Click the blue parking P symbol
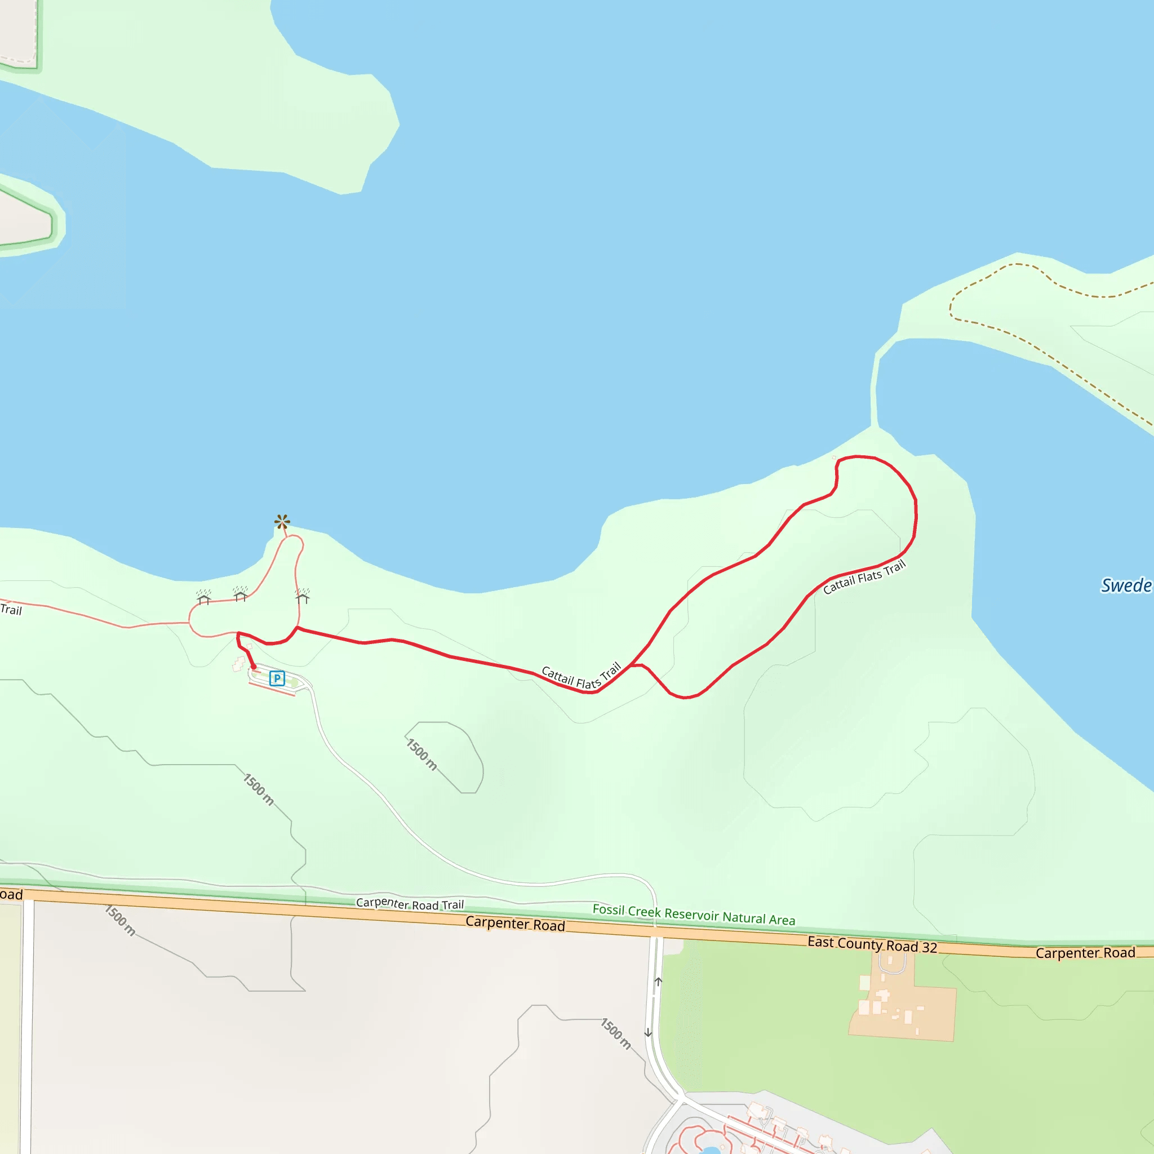click(277, 678)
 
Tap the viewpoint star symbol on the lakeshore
click(282, 522)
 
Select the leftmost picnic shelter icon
click(203, 597)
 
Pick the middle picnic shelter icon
click(240, 594)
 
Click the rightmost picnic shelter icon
click(302, 596)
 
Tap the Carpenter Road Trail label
click(410, 904)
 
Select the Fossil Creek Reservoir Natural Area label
click(694, 915)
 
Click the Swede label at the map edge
click(1126, 585)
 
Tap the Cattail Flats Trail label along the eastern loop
click(864, 577)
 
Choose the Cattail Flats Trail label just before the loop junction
click(581, 677)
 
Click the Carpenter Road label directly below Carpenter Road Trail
click(515, 924)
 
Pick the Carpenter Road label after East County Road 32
click(1085, 953)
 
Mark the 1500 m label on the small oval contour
click(421, 754)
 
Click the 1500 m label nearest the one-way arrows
click(616, 1034)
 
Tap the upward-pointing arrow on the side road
click(658, 982)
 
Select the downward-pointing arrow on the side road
click(648, 1032)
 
